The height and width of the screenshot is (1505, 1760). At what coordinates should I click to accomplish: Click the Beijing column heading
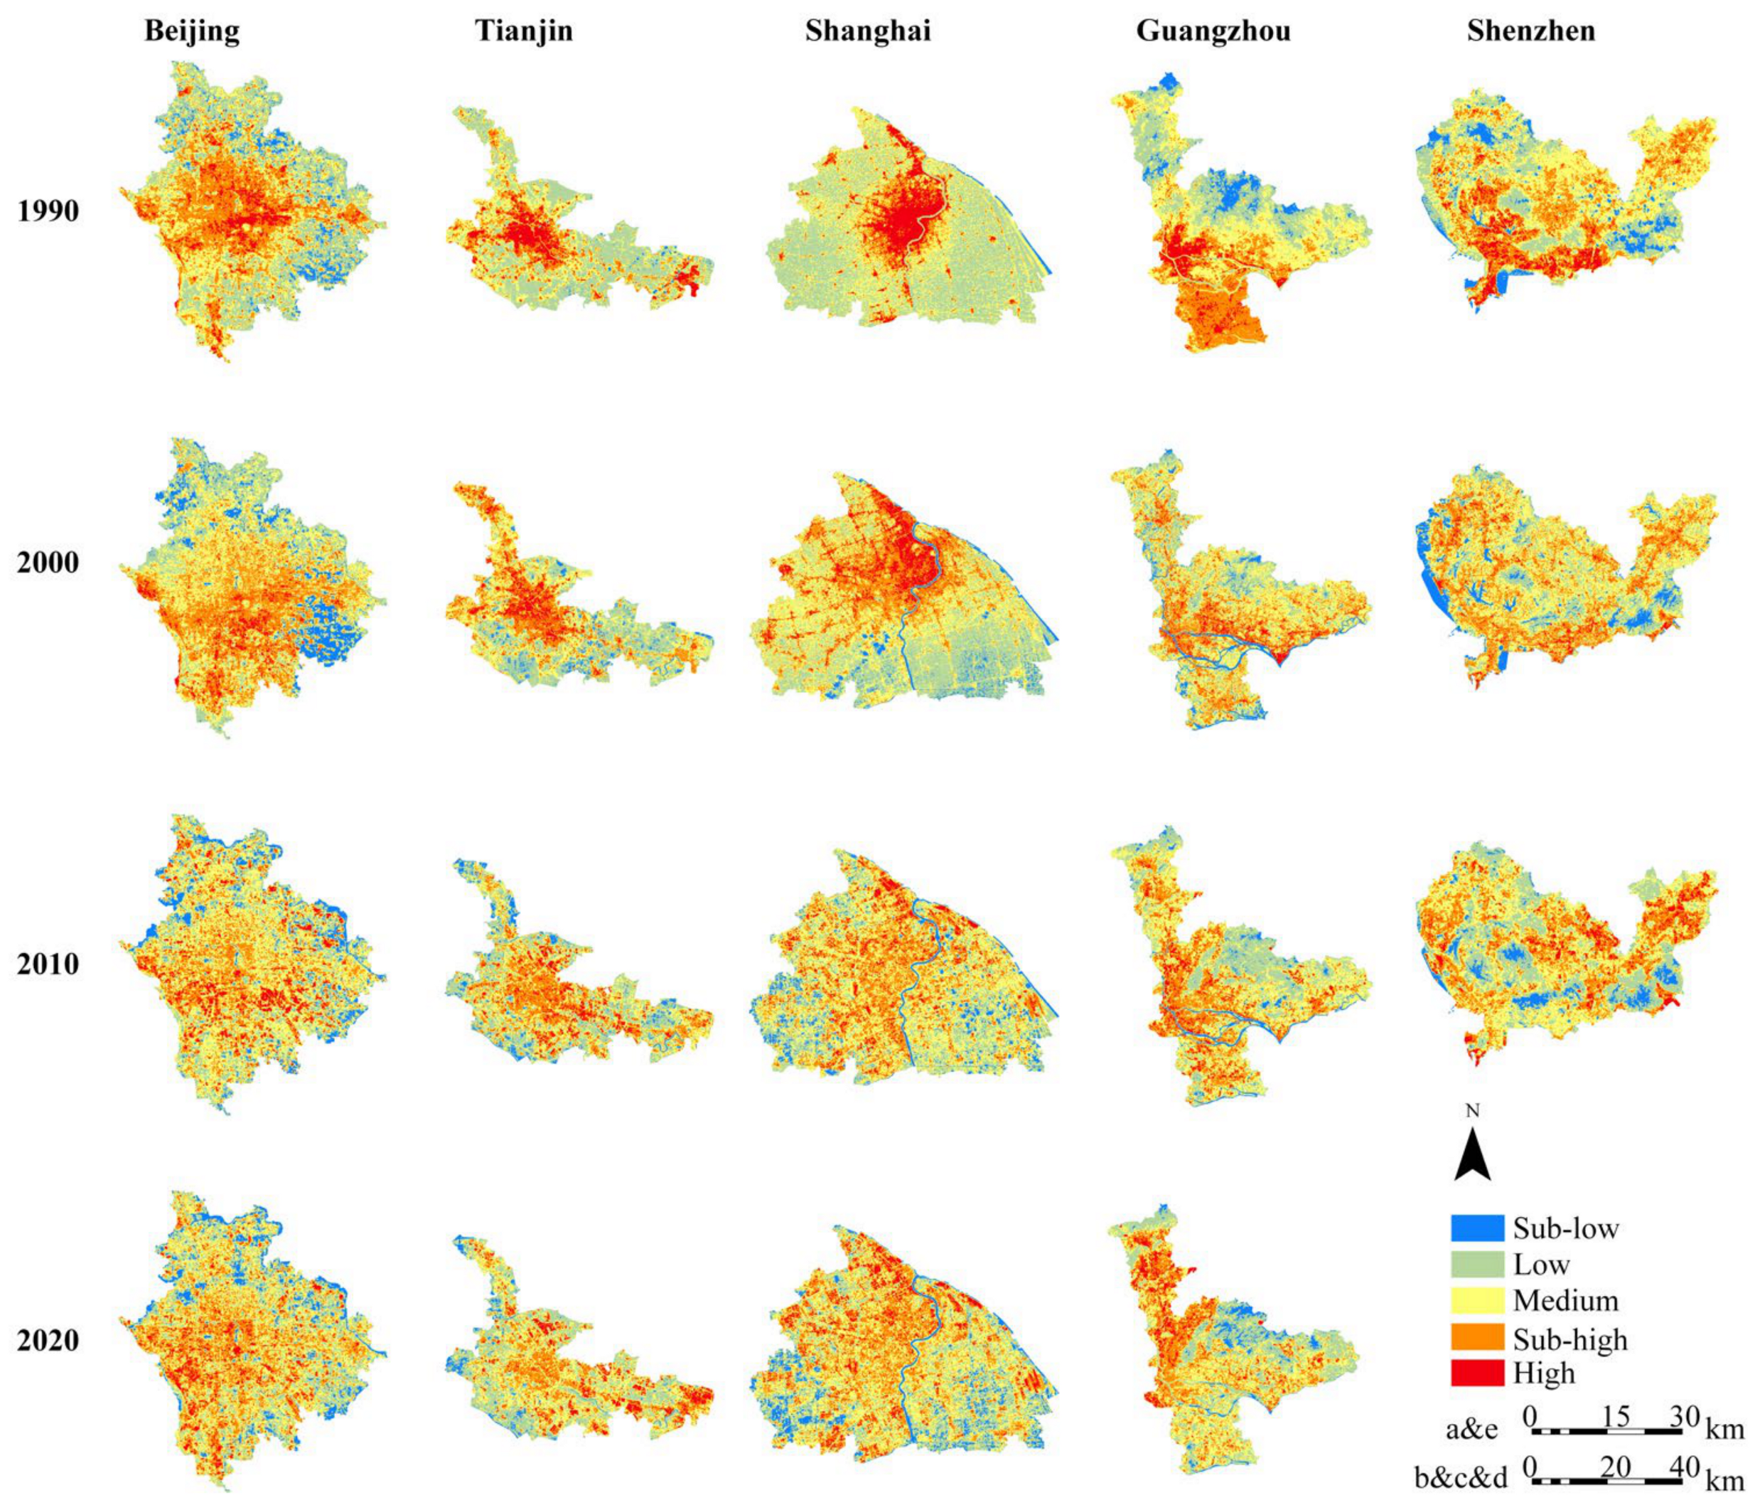click(x=192, y=31)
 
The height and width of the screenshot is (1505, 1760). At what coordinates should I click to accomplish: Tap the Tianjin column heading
click(x=523, y=31)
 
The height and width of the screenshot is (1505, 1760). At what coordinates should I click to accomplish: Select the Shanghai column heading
click(x=868, y=31)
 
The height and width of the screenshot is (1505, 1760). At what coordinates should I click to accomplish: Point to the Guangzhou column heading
click(x=1213, y=31)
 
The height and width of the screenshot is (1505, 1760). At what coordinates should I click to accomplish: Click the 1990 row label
click(x=48, y=212)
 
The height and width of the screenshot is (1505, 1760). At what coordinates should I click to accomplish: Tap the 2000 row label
click(x=48, y=563)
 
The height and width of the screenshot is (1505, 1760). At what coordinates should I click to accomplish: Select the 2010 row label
click(x=48, y=964)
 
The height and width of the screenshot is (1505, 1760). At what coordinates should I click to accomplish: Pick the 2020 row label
click(x=48, y=1340)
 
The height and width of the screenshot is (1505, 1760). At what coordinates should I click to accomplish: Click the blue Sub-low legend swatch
click(x=1477, y=1227)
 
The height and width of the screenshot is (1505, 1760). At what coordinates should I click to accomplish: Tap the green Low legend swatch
click(x=1477, y=1264)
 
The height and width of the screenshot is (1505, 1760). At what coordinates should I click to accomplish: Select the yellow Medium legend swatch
click(x=1477, y=1300)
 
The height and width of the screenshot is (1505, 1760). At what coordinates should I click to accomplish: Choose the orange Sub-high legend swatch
click(x=1477, y=1339)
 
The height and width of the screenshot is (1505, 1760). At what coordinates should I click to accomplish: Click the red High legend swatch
click(x=1477, y=1373)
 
